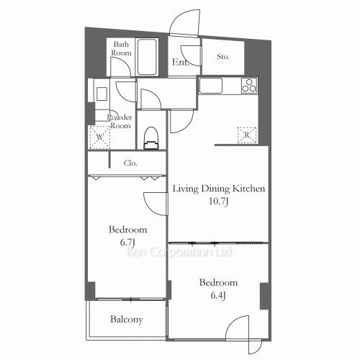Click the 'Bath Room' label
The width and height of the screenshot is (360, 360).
(120, 49)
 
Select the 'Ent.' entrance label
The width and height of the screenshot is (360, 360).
(180, 63)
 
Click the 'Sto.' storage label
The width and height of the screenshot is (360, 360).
(223, 55)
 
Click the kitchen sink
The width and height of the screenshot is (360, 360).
(212, 86)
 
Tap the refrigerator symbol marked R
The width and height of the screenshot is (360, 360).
(246, 134)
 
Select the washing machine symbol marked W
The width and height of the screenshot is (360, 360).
(97, 135)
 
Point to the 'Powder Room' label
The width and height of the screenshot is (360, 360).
(119, 121)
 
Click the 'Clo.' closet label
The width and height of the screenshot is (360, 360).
(130, 163)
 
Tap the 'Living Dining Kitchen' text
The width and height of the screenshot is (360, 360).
(219, 189)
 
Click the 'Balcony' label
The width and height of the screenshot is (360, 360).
(126, 319)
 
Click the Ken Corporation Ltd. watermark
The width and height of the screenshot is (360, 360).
(180, 253)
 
